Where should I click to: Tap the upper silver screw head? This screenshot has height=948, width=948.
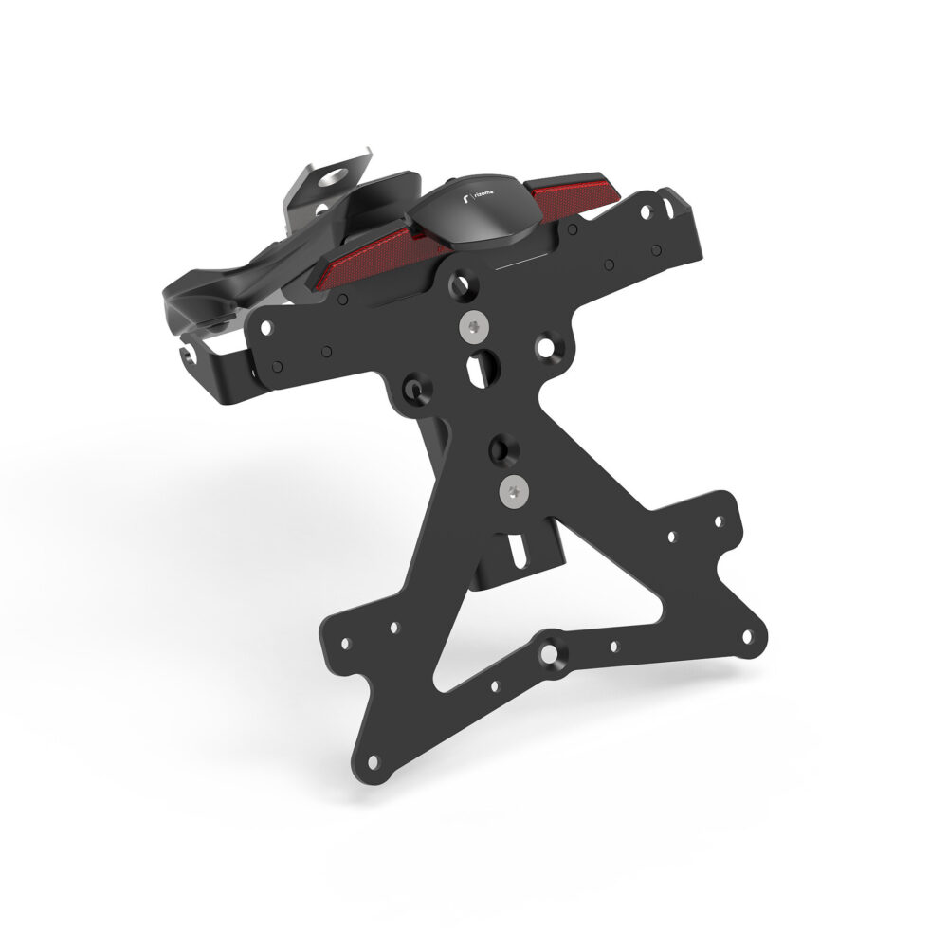coord(471,326)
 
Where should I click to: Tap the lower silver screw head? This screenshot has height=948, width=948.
coord(512,490)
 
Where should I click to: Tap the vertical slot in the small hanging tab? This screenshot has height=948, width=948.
coord(517,550)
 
